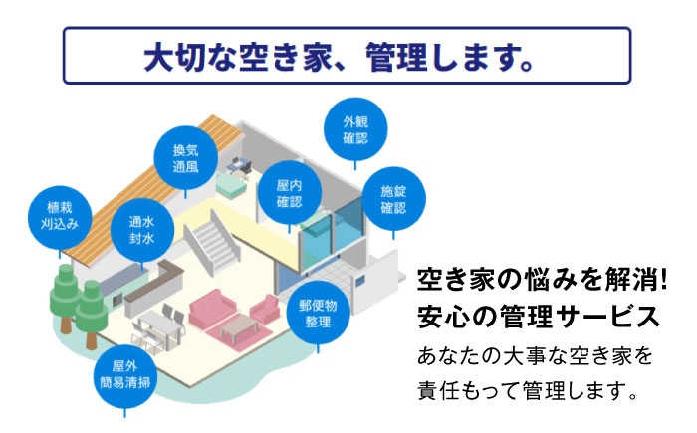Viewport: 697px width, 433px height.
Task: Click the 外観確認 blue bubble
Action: coord(355,129)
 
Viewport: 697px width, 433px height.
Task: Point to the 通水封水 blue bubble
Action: coord(139,230)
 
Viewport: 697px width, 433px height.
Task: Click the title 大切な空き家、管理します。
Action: coord(347,56)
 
